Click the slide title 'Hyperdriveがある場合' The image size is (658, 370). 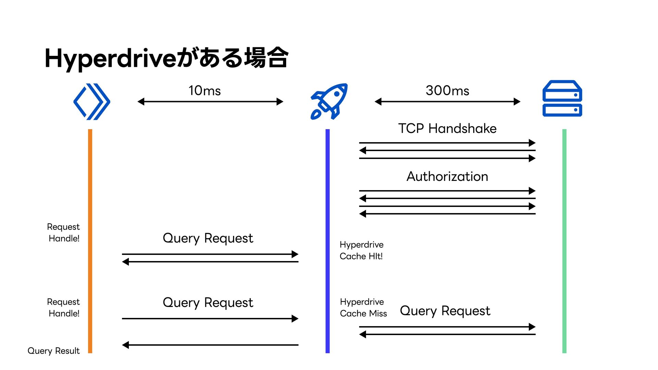167,58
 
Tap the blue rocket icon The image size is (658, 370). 329,101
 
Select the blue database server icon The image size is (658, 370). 562,98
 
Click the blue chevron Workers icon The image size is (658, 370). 92,101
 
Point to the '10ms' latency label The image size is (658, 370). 205,90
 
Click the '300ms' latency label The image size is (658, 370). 447,90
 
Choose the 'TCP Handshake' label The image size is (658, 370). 447,128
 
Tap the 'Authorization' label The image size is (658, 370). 447,176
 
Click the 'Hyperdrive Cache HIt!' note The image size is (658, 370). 362,250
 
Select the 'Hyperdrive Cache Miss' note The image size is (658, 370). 363,308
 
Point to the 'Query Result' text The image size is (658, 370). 53,351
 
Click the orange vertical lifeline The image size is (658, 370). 90,241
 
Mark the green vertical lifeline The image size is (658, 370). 564,241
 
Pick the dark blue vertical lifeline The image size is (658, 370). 328,241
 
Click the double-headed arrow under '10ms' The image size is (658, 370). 210,101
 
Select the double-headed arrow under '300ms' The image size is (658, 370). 448,101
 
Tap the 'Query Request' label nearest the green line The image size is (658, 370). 445,311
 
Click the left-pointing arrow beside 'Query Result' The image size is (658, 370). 210,345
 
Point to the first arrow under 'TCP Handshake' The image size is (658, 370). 447,143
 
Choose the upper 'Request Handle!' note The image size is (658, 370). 64,233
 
